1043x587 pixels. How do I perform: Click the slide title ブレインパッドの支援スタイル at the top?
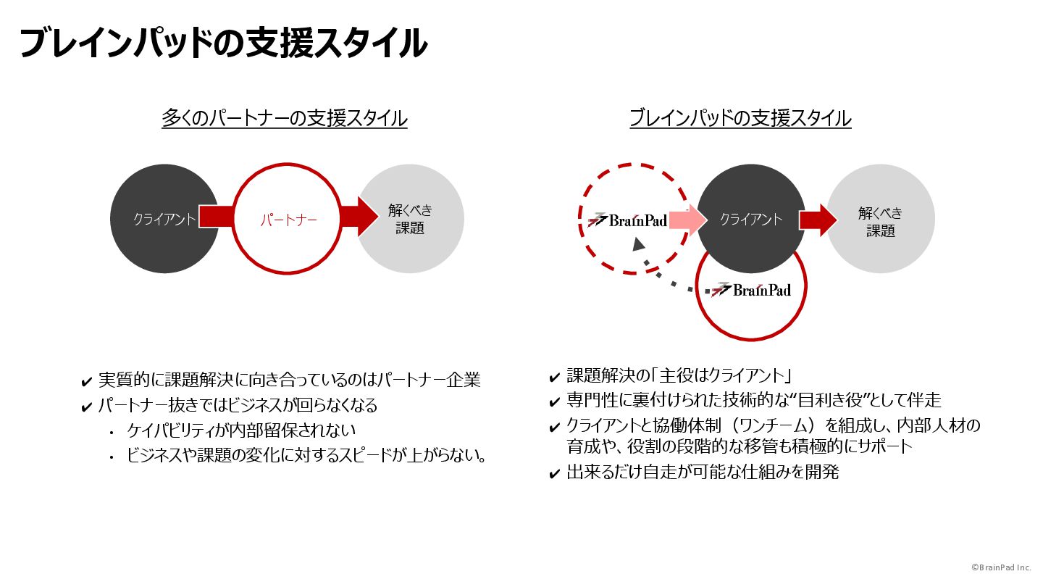pos(223,43)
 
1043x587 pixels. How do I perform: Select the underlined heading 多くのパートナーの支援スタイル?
pos(284,118)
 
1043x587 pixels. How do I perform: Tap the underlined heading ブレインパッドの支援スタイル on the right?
pos(740,118)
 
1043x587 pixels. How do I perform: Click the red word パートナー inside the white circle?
pos(289,220)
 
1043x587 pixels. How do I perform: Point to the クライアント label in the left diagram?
pos(164,220)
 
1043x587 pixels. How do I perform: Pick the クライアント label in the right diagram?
pos(750,220)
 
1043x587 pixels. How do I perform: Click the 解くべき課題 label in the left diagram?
pos(410,219)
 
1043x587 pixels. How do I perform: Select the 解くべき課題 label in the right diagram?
pos(880,221)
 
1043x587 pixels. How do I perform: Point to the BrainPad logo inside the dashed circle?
pos(628,220)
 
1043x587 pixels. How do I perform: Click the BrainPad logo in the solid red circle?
pos(751,290)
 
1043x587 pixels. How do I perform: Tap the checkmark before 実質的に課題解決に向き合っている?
pos(87,381)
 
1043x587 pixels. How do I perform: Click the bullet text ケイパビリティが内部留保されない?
pos(241,430)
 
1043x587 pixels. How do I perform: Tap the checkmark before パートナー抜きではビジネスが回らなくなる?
pos(87,406)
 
